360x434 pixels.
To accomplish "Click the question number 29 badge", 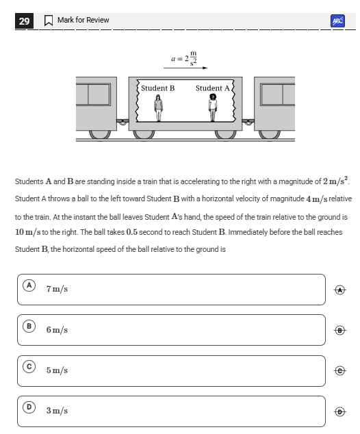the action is pos(24,21).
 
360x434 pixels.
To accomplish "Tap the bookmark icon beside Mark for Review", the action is pos(49,21).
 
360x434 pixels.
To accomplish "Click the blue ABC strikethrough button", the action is pos(337,21).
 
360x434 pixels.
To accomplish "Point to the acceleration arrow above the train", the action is pos(185,68).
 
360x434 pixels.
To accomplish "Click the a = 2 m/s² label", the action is pos(184,58).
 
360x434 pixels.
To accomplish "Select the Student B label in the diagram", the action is pos(157,88).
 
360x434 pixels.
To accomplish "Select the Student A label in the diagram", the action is pos(213,88).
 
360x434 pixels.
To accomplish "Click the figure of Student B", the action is pos(158,108).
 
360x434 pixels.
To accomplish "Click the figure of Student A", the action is pos(213,107).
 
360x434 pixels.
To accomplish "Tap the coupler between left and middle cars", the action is pos(123,122).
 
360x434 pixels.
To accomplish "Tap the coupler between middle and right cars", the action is pos(248,122).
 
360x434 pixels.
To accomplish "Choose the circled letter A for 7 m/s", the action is pos(29,285).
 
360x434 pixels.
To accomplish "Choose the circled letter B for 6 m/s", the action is pos(29,326).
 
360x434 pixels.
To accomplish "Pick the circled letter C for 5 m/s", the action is pos(29,367).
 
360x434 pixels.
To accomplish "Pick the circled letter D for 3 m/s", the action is pos(29,407).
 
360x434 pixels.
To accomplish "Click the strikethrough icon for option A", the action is pos(340,290).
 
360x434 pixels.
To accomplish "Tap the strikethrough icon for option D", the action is pos(340,411).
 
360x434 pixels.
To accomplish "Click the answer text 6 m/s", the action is pos(57,330).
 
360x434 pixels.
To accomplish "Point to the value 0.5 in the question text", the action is pos(131,232).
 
